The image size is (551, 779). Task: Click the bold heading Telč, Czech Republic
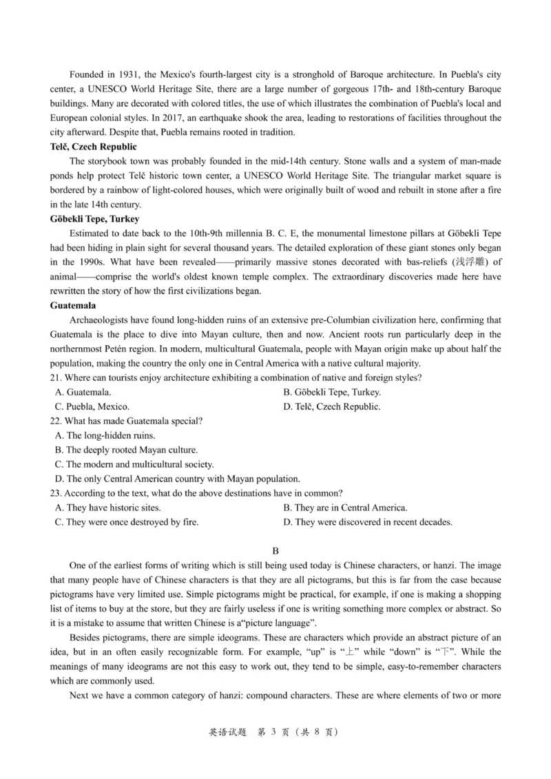[94, 147]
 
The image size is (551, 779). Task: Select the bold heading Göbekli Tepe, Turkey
[95, 219]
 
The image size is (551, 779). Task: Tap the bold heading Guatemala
[73, 305]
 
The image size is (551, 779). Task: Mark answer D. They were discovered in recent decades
[368, 522]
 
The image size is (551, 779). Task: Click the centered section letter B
[275, 551]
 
